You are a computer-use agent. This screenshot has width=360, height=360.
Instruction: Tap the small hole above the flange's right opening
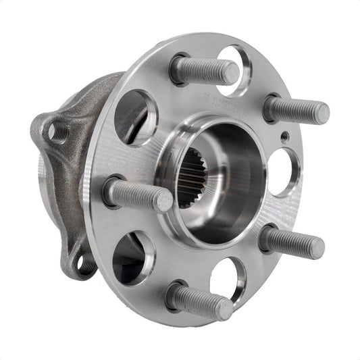pos(284,136)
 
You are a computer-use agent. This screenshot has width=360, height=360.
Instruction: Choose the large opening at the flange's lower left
pos(130,257)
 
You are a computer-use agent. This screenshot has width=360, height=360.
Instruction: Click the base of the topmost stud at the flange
pos(180,69)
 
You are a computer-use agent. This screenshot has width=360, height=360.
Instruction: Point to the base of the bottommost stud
pos(175,295)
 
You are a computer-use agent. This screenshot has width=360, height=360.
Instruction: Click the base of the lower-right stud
pos(267,238)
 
